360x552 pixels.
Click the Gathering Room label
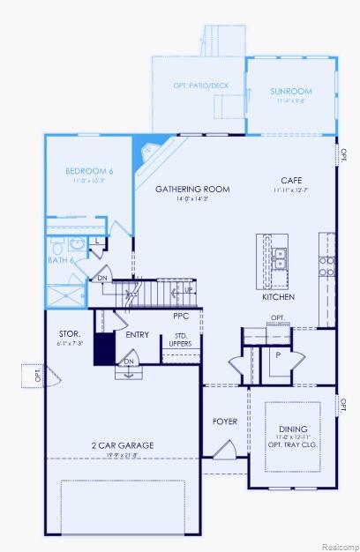pyautogui.click(x=192, y=189)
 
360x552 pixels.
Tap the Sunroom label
pyautogui.click(x=291, y=91)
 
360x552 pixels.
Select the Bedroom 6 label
pyautogui.click(x=89, y=170)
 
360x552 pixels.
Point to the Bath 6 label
pyautogui.click(x=59, y=260)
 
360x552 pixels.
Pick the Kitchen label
pyautogui.click(x=278, y=297)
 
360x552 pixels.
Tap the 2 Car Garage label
pyautogui.click(x=122, y=445)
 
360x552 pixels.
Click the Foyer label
pyautogui.click(x=225, y=421)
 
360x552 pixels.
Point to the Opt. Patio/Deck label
pyautogui.click(x=200, y=86)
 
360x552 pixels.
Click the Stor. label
pyautogui.click(x=70, y=333)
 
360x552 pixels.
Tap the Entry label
pyautogui.click(x=137, y=334)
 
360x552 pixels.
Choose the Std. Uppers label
pyautogui.click(x=180, y=339)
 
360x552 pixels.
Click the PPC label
pyautogui.click(x=181, y=315)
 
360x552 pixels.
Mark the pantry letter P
pyautogui.click(x=278, y=354)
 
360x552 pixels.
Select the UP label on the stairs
pyautogui.click(x=188, y=289)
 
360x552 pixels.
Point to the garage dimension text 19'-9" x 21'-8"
pyautogui.click(x=122, y=456)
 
